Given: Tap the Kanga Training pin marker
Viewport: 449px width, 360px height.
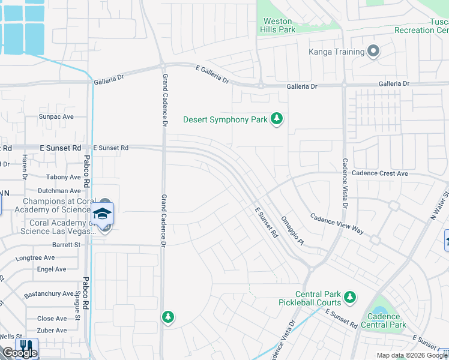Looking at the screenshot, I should point(373,52).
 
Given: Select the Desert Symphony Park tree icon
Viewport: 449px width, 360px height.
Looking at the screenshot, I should point(277,119).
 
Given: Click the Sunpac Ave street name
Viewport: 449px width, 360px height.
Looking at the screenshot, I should point(56,116).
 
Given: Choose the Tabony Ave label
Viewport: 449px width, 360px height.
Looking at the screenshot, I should point(63,177).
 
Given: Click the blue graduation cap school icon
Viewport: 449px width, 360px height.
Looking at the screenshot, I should point(103,214).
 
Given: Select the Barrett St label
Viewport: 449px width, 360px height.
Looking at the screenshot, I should point(66,245).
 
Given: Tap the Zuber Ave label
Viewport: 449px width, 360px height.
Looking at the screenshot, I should point(52,331).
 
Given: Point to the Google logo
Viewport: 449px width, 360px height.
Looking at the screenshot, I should point(20,353).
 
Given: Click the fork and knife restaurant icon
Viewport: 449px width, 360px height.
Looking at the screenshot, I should point(26,347).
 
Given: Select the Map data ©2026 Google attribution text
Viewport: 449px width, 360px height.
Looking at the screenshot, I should point(412,355).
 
